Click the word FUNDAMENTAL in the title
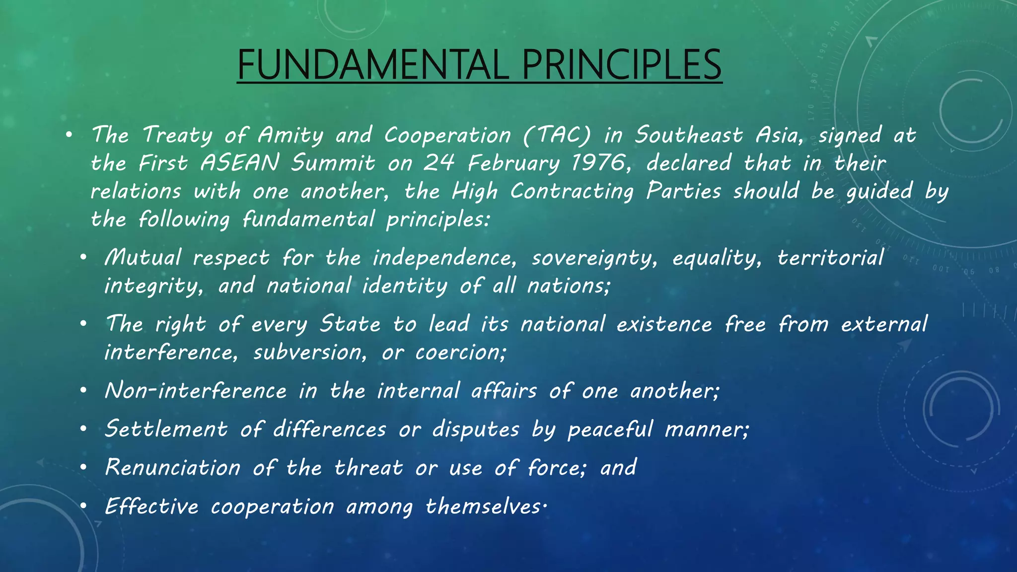pyautogui.click(x=373, y=65)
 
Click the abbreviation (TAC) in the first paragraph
pyautogui.click(x=557, y=135)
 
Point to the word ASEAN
pyautogui.click(x=240, y=163)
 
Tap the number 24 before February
pyautogui.click(x=439, y=163)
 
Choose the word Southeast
pyautogui.click(x=689, y=135)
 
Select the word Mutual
pyautogui.click(x=143, y=258)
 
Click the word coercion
pyautogui.click(x=461, y=353)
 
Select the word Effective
pyautogui.click(x=151, y=506)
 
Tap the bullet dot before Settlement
pyautogui.click(x=83, y=429)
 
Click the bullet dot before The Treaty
pyautogui.click(x=69, y=135)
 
